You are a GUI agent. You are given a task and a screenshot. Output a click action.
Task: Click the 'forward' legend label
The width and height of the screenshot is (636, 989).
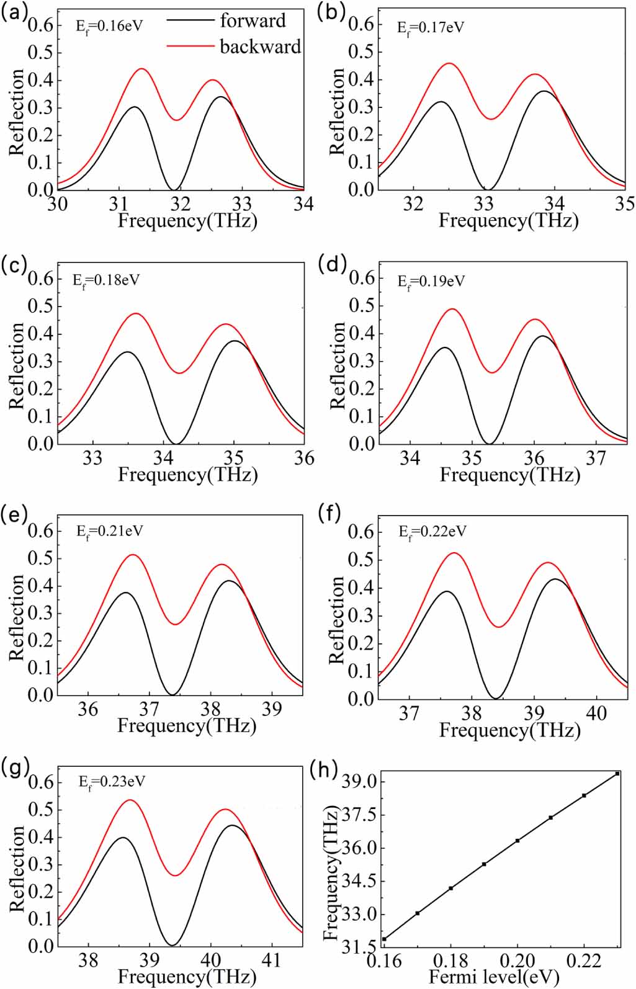click(253, 20)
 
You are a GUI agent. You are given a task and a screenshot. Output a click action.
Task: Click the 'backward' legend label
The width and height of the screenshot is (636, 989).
click(260, 47)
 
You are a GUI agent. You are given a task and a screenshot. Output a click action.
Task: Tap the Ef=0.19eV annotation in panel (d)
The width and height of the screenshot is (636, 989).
click(431, 282)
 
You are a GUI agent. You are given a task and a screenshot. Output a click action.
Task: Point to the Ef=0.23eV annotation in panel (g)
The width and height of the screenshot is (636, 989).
click(112, 782)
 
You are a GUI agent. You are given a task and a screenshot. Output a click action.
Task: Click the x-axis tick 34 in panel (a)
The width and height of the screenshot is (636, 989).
click(303, 204)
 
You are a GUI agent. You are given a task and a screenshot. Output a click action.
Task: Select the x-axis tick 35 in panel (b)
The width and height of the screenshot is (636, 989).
click(625, 204)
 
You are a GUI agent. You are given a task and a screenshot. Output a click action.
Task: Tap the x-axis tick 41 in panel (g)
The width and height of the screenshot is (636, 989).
click(271, 960)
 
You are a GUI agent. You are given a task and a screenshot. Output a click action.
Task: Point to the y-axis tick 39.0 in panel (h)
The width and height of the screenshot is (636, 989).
click(359, 781)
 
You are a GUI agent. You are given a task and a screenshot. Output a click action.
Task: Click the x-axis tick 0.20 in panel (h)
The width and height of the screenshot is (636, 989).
click(517, 961)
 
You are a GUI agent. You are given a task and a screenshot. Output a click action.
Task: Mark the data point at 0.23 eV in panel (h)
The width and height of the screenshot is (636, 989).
click(617, 774)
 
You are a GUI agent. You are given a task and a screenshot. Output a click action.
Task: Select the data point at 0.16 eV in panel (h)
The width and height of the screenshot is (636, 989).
click(384, 939)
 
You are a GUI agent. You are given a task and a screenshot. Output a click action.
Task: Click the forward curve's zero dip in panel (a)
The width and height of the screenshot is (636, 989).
click(174, 189)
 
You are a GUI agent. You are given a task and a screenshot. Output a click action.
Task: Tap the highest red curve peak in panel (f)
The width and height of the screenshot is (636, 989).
click(454, 553)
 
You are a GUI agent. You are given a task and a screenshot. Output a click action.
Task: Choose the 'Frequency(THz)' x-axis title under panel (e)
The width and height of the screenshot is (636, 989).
click(187, 725)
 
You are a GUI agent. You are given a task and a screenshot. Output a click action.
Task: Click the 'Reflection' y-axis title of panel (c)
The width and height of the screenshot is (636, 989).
click(17, 366)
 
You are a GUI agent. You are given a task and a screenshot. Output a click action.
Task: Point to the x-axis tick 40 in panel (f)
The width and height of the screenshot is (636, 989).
click(596, 714)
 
